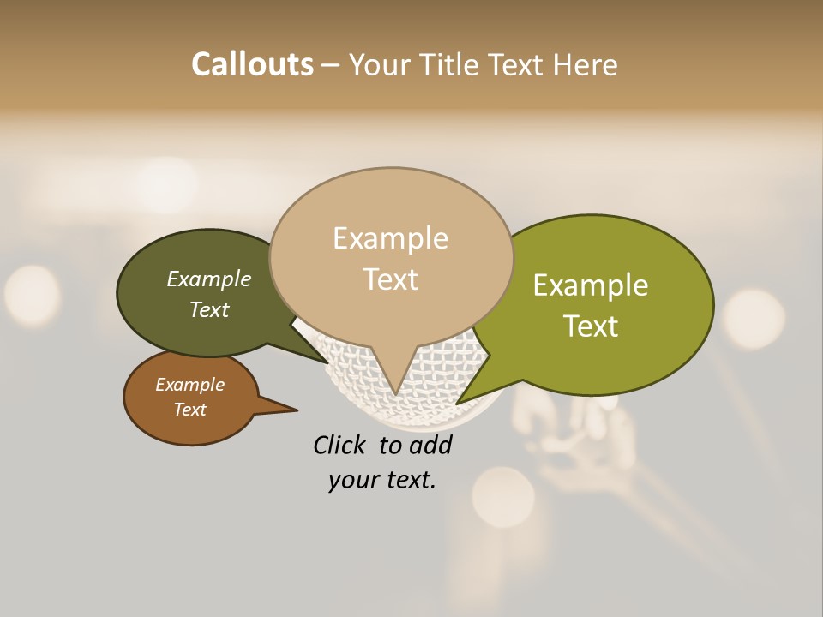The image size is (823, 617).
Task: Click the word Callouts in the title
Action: tap(252, 64)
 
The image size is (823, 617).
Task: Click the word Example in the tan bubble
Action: tap(391, 238)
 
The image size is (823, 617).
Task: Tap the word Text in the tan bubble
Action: tap(391, 279)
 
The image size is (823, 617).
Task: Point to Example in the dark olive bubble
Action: tap(209, 279)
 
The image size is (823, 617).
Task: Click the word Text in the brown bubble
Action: tap(190, 410)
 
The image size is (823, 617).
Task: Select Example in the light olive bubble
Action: tap(591, 285)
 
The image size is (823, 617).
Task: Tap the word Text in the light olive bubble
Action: tap(592, 326)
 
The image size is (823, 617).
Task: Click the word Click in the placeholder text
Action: tap(339, 445)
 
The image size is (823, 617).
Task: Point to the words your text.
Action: tap(382, 480)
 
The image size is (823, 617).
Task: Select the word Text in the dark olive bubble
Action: tap(209, 309)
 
